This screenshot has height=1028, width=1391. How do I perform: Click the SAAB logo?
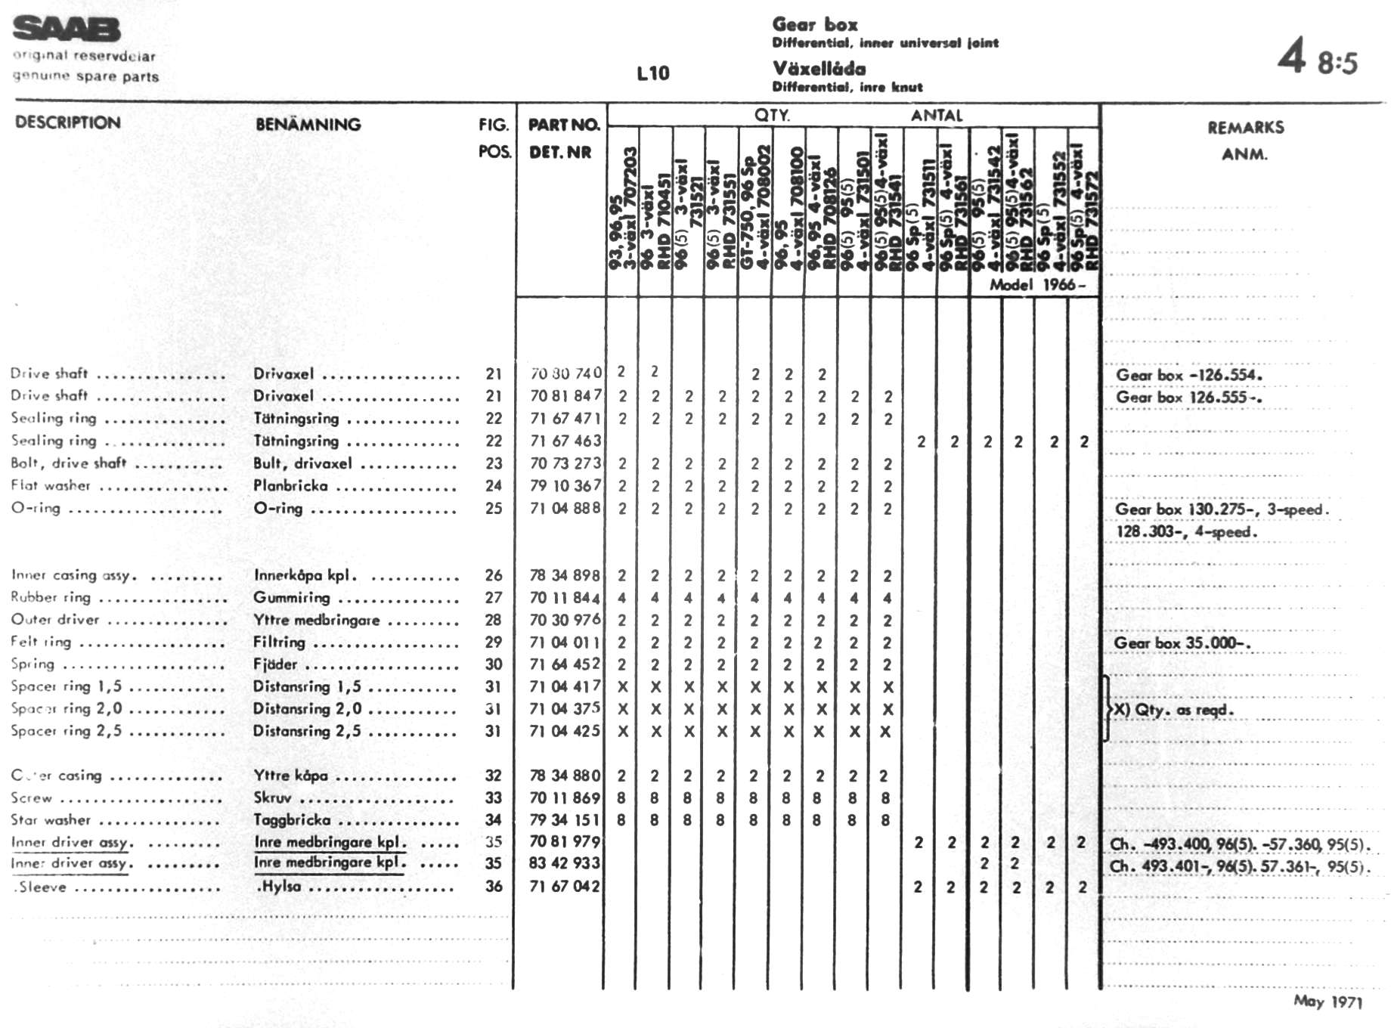[67, 29]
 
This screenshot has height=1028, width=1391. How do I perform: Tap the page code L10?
[652, 73]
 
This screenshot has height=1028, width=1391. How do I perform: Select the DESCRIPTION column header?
[68, 122]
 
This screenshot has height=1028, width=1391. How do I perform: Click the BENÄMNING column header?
[308, 124]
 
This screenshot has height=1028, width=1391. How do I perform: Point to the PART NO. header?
[563, 125]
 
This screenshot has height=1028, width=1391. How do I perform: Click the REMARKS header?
[1245, 127]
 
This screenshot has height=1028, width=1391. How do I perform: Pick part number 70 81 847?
[565, 395]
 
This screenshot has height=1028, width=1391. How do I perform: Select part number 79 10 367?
[565, 485]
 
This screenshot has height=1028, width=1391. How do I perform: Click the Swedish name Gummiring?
[292, 597]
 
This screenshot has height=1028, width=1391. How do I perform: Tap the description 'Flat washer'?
[51, 485]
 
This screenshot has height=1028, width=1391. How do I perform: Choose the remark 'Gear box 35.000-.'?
[1182, 643]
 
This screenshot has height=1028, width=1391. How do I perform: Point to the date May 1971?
[1327, 1002]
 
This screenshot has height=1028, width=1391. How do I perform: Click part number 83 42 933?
[565, 863]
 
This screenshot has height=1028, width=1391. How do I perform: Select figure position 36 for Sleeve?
[493, 886]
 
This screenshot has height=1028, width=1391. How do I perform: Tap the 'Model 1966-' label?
[1037, 285]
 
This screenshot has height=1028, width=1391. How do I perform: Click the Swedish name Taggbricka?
[292, 819]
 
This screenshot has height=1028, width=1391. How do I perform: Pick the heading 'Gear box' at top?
[815, 25]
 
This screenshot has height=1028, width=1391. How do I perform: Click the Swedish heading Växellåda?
[819, 69]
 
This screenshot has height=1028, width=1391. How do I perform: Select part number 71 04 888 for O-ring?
[565, 508]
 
